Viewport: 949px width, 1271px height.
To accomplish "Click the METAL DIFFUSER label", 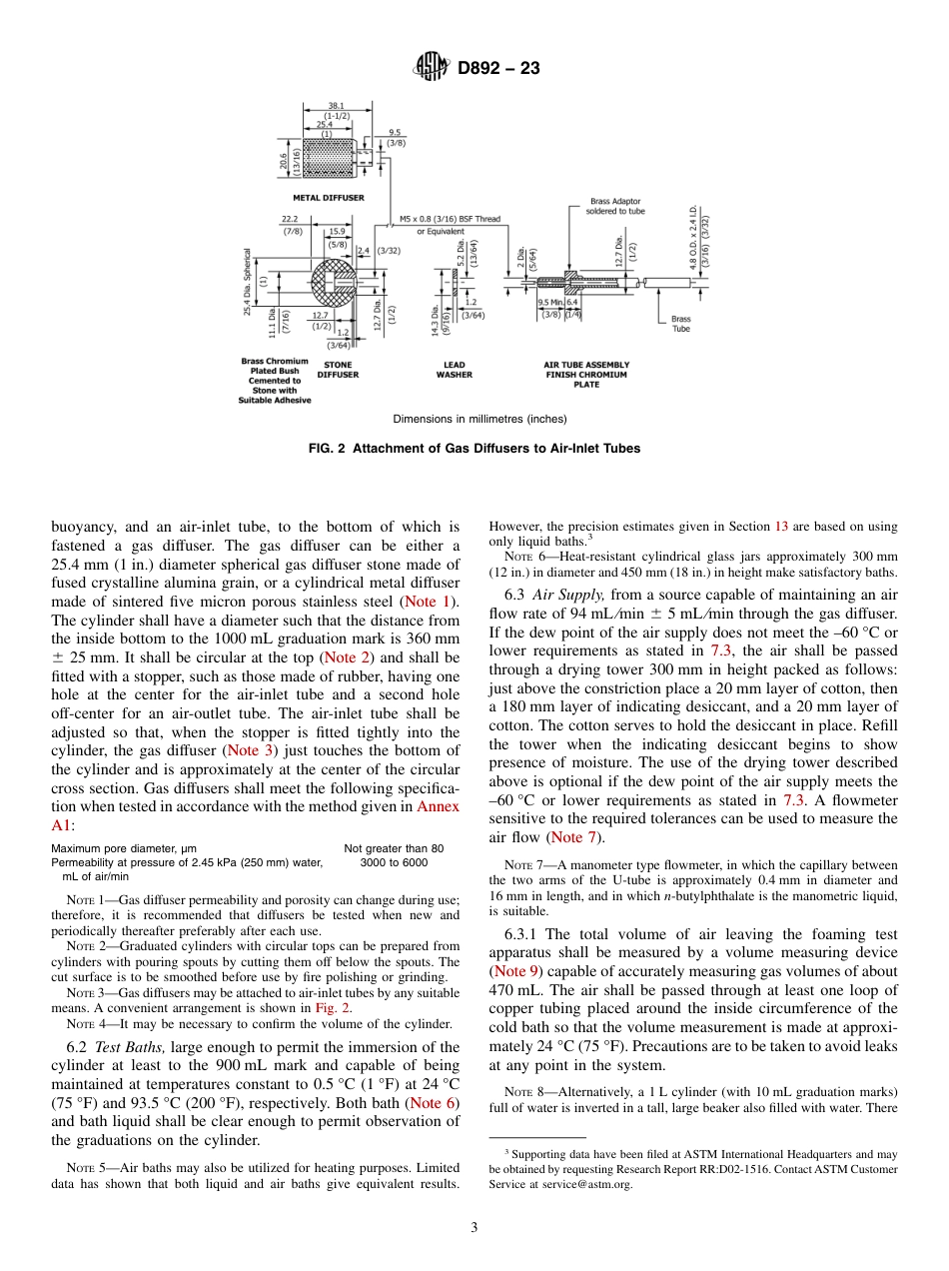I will point(328,198).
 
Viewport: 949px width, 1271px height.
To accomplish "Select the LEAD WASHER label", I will point(454,370).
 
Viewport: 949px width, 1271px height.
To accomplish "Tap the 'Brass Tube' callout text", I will point(680,324).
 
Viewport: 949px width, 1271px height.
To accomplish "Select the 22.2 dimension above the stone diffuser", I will point(292,218).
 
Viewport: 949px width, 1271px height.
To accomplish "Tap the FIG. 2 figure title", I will point(474,449).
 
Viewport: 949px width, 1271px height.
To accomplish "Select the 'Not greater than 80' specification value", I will point(394,848).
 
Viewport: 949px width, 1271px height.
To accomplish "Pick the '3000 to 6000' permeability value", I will point(394,862).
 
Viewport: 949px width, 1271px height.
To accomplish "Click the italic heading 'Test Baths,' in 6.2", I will point(137,1047).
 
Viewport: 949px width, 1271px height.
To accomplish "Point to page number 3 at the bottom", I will point(474,1228).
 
